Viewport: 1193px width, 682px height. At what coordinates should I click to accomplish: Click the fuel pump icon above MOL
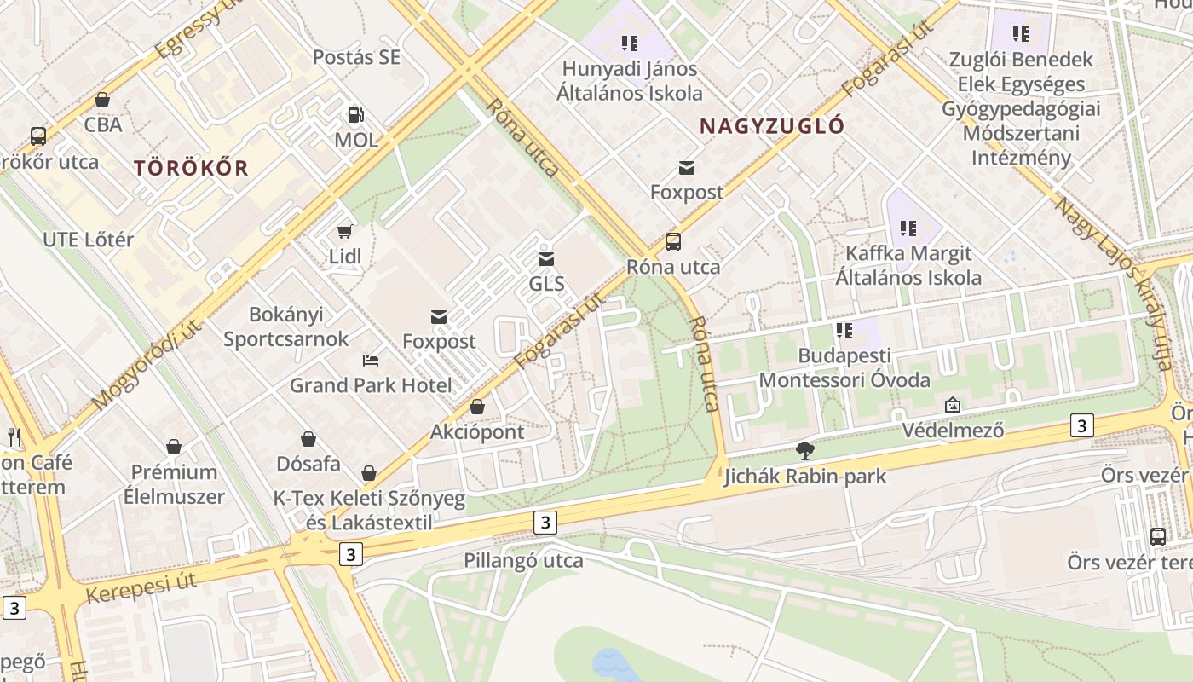[x=355, y=115]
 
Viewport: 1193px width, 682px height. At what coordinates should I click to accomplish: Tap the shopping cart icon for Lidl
[x=345, y=231]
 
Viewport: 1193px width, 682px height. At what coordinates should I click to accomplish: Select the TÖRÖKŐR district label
[x=191, y=168]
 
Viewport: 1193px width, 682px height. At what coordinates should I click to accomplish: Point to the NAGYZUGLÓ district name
[x=772, y=126]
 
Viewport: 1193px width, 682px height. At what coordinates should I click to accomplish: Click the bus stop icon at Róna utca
[x=673, y=242]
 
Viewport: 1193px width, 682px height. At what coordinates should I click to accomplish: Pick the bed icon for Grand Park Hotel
[x=370, y=360]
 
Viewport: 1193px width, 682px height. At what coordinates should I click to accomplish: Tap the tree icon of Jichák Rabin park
[x=804, y=451]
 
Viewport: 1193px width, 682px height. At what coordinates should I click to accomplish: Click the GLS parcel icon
[x=546, y=258]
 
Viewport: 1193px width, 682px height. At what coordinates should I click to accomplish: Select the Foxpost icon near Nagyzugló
[x=687, y=167]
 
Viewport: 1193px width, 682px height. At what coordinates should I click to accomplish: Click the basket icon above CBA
[x=102, y=100]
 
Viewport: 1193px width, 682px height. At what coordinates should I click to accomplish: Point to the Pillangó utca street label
[x=523, y=560]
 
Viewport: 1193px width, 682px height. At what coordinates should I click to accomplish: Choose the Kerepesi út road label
[x=141, y=587]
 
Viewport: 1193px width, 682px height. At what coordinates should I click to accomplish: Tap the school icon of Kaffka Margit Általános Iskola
[x=908, y=228]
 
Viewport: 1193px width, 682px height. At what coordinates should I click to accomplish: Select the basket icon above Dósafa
[x=308, y=439]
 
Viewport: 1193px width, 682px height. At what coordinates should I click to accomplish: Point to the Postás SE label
[x=356, y=57]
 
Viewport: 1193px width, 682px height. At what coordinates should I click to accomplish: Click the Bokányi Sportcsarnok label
[x=286, y=327]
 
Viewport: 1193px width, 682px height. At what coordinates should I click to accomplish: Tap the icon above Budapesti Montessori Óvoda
[x=844, y=330]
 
